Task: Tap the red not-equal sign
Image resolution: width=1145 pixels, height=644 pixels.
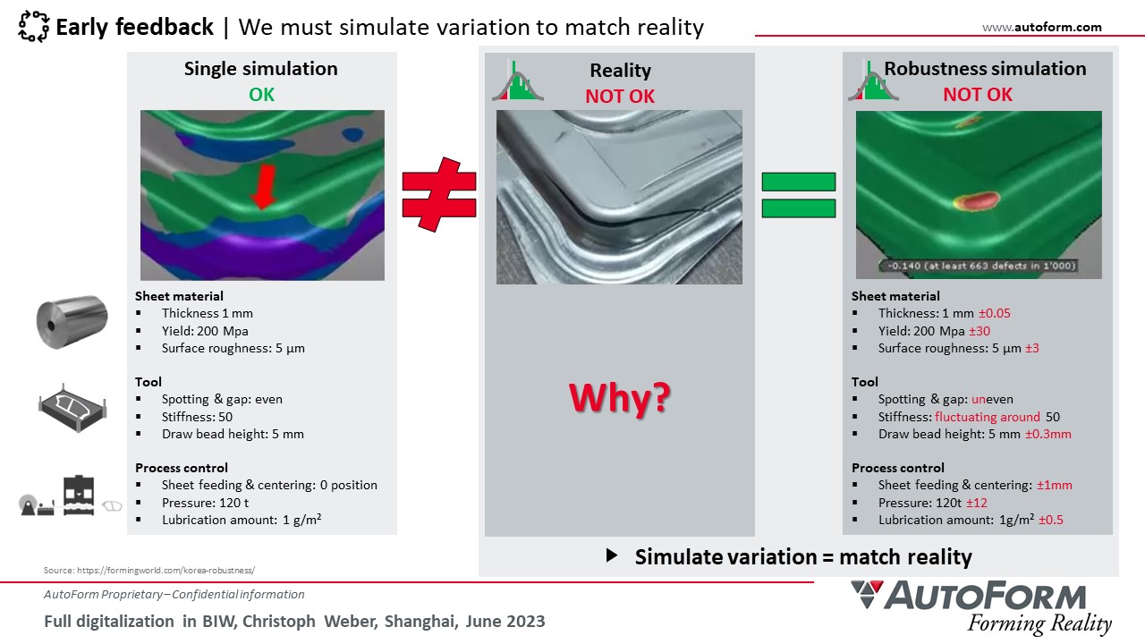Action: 439,194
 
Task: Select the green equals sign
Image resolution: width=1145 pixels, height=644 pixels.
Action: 799,195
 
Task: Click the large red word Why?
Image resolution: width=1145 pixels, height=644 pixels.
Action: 620,398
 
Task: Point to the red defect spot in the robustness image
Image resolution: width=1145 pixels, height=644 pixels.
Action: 976,200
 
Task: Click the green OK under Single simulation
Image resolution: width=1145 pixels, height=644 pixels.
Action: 261,95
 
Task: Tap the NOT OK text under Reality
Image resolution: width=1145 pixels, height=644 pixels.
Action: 620,96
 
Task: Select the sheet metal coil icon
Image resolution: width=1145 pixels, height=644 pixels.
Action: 72,322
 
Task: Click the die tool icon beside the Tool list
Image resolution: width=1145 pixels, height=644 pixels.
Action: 72,407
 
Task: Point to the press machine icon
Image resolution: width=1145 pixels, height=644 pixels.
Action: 79,496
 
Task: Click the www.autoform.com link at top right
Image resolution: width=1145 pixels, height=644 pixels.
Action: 1042,27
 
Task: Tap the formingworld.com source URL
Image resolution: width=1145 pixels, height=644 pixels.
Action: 166,570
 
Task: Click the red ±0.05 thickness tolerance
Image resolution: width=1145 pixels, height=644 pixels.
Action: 994,313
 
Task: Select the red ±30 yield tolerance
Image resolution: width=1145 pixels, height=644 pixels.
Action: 980,331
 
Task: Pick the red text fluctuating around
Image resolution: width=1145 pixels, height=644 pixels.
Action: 987,417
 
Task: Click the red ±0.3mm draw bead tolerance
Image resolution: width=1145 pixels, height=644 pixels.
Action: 1047,434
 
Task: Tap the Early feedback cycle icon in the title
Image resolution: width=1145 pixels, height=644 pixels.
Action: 34,26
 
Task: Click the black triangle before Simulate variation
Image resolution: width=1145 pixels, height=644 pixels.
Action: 612,555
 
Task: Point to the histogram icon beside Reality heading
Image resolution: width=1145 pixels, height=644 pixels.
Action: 518,80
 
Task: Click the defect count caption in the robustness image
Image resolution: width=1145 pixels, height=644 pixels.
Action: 979,266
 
